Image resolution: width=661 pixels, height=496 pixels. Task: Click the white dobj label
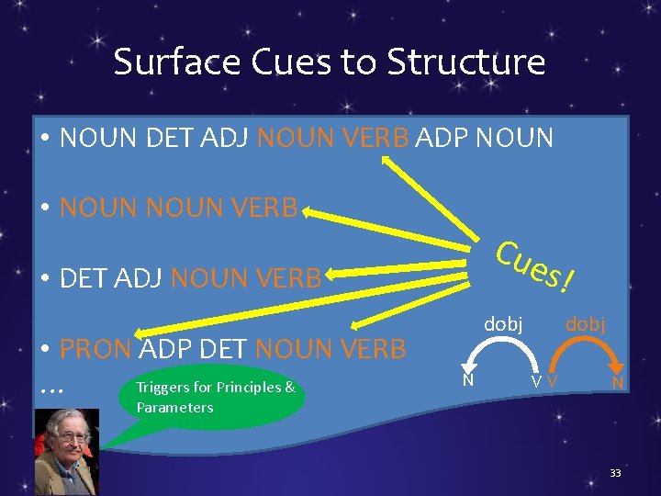pyautogui.click(x=503, y=323)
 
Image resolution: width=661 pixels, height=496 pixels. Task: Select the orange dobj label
pyautogui.click(x=584, y=323)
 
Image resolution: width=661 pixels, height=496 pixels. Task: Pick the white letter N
pyautogui.click(x=467, y=378)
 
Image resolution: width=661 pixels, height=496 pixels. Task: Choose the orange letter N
pyautogui.click(x=620, y=381)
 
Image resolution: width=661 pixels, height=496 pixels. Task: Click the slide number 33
pyautogui.click(x=615, y=473)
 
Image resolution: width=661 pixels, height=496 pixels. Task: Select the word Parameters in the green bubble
pyautogui.click(x=174, y=407)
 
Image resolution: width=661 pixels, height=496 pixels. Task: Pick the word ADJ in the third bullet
pyautogui.click(x=140, y=277)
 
